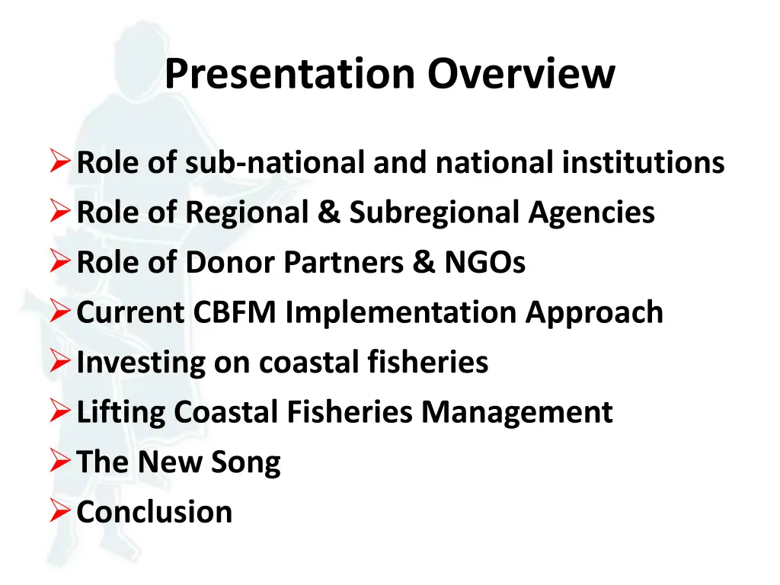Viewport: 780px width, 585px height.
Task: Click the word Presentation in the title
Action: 290,75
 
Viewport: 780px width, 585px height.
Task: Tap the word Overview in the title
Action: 520,75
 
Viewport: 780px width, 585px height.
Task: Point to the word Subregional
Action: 433,213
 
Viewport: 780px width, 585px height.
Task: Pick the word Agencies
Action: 591,213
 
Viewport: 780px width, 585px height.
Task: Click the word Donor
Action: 232,263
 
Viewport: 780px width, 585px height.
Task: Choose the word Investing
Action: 141,363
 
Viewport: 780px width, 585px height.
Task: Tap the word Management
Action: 517,413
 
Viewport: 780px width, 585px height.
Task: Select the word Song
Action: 247,462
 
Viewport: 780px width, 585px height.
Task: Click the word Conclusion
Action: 155,512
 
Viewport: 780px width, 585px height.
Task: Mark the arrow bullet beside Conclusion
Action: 60,512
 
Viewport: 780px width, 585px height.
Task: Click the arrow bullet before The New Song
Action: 60,462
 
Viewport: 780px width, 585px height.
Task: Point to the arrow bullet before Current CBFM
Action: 60,313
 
